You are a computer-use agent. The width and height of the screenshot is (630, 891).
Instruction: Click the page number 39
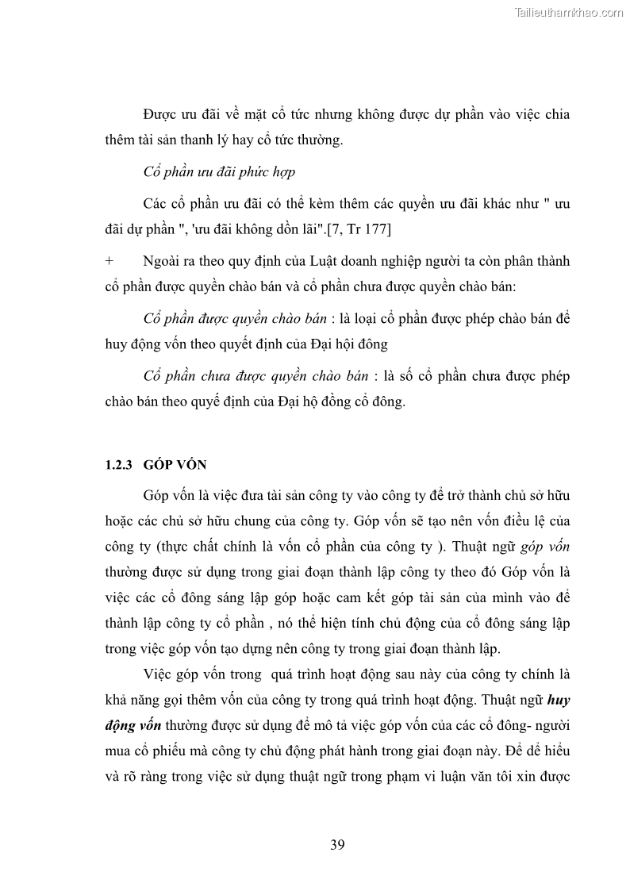click(x=337, y=844)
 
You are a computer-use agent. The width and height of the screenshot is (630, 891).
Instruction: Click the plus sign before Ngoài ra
click(x=109, y=261)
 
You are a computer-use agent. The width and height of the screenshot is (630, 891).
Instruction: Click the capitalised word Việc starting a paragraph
click(x=160, y=674)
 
